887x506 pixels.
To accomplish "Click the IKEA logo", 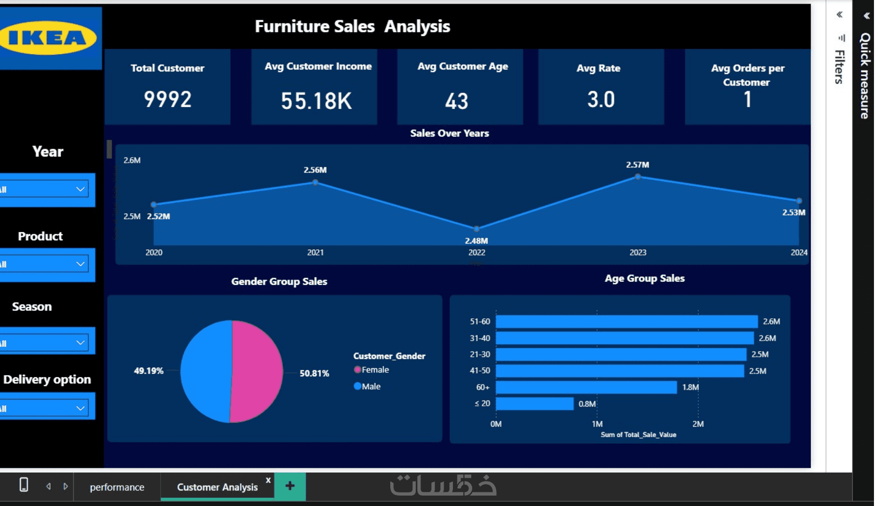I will (x=48, y=38).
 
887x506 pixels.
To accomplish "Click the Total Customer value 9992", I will (x=167, y=99).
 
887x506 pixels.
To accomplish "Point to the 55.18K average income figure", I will (x=316, y=101).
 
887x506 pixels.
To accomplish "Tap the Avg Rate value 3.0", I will (x=601, y=99).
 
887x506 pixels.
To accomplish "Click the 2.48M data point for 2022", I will (x=476, y=229).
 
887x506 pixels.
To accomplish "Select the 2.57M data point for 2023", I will (x=638, y=177).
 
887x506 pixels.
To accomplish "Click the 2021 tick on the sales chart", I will (x=315, y=252).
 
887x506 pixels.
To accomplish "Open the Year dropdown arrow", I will (x=80, y=189).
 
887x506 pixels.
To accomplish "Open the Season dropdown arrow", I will (x=80, y=343).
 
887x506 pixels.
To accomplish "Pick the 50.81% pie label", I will (x=314, y=374).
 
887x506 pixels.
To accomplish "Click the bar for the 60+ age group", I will (x=586, y=387).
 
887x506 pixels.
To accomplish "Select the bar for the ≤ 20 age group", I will (x=534, y=404).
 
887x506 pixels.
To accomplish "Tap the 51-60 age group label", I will (x=480, y=321).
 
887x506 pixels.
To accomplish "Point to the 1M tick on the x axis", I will (x=597, y=424).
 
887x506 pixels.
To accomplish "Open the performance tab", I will (x=117, y=487).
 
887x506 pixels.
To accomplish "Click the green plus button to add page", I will (x=290, y=486).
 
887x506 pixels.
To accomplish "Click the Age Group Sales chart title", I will (x=644, y=279).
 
